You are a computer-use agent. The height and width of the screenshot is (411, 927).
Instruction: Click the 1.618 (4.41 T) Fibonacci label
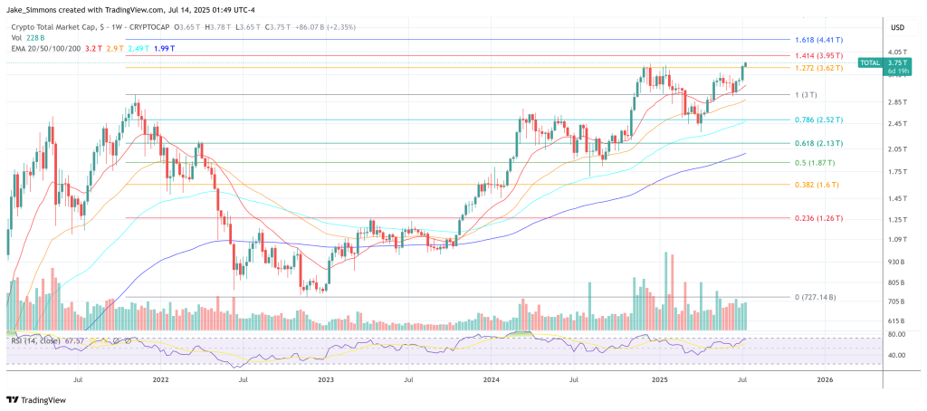point(818,41)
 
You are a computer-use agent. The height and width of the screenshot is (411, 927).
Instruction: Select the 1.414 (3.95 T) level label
point(818,56)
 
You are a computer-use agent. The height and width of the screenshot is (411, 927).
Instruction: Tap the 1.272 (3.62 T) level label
point(818,68)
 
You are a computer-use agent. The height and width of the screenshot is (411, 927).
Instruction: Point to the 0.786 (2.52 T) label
point(818,119)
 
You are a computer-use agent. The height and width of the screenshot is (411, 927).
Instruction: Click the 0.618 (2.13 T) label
point(818,143)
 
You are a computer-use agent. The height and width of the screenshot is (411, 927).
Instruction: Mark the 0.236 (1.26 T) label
point(818,218)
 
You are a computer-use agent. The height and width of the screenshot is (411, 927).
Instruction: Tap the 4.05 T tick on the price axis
point(896,53)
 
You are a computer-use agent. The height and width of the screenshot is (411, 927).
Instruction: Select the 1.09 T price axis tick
point(896,239)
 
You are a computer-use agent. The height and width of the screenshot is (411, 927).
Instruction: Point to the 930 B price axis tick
point(896,261)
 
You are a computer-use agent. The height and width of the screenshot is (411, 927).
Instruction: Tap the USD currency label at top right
point(897,26)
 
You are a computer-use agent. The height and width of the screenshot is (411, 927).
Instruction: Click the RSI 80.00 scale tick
point(896,334)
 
